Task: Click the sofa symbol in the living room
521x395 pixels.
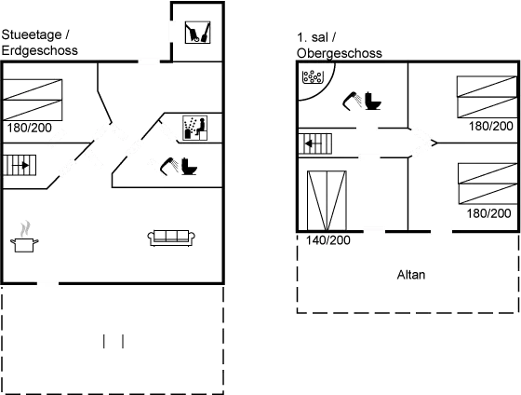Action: pyautogui.click(x=171, y=238)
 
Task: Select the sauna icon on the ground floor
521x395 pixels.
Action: pyautogui.click(x=195, y=129)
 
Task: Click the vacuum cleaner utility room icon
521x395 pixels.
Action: pyautogui.click(x=197, y=33)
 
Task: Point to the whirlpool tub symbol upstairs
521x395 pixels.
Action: pyautogui.click(x=313, y=77)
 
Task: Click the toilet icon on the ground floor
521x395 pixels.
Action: pyautogui.click(x=189, y=167)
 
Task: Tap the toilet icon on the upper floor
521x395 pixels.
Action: pyautogui.click(x=373, y=101)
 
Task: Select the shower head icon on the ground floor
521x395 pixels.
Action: pyautogui.click(x=168, y=166)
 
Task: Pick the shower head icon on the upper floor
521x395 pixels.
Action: pyautogui.click(x=352, y=101)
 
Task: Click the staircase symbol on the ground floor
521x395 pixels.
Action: pyautogui.click(x=20, y=165)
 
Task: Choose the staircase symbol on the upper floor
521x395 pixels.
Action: pyautogui.click(x=315, y=143)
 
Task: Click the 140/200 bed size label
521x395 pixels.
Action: pyautogui.click(x=327, y=240)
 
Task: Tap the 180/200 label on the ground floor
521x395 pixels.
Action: pyautogui.click(x=29, y=128)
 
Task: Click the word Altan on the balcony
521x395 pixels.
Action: pyautogui.click(x=411, y=275)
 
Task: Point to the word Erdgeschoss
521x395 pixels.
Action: pyautogui.click(x=39, y=50)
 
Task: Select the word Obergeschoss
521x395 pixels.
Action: pyautogui.click(x=340, y=53)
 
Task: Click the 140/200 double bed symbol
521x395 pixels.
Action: pyautogui.click(x=327, y=200)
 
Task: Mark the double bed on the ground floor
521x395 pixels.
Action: pyautogui.click(x=33, y=100)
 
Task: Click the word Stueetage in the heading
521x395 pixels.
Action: pyautogui.click(x=32, y=34)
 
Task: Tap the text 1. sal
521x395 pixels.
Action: pyautogui.click(x=312, y=37)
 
